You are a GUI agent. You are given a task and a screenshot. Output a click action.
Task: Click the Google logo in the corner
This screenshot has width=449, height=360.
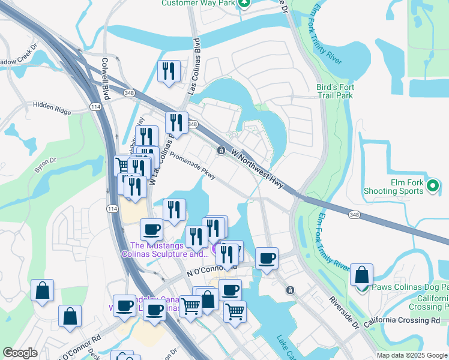[20, 353]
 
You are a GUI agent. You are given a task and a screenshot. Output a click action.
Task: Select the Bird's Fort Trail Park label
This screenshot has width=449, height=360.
[335, 91]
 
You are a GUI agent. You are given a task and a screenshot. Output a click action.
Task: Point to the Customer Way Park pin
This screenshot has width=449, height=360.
[244, 3]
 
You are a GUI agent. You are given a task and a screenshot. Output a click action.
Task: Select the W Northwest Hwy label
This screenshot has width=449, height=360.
[257, 168]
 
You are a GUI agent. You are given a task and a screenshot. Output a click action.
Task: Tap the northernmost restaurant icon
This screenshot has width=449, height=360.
[169, 71]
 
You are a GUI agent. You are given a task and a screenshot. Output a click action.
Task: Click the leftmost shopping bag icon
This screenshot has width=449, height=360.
[43, 291]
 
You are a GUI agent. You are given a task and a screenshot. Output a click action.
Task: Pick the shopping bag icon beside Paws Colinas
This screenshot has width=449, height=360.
[361, 275]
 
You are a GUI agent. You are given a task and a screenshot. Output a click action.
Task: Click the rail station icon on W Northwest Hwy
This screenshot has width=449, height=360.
[221, 150]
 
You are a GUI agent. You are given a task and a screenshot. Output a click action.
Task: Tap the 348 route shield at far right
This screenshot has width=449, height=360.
[354, 214]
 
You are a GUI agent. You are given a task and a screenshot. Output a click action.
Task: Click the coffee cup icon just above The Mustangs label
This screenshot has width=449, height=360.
[151, 229]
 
